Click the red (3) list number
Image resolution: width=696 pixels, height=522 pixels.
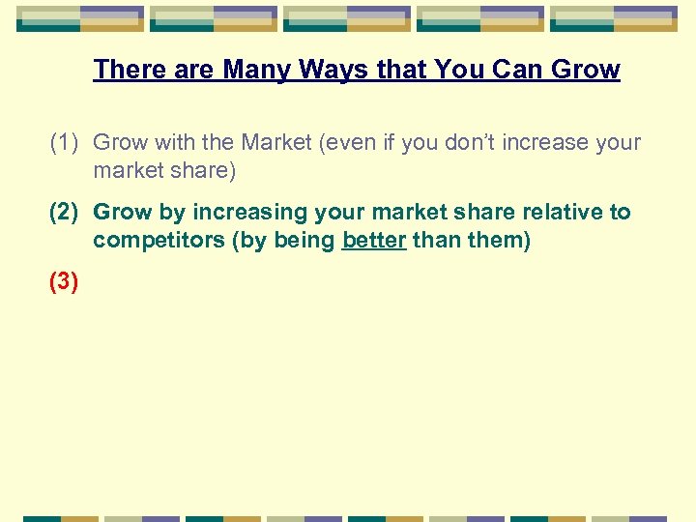65,282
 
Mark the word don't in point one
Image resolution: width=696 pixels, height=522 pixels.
459,143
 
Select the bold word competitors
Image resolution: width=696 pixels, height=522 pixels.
159,240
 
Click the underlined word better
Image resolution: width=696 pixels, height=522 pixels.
374,240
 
